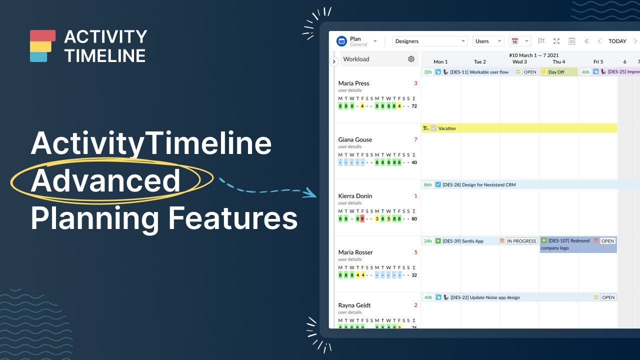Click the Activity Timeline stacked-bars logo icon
(x=42, y=46)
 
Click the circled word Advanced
(x=106, y=181)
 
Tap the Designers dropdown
(x=429, y=41)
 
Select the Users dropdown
(x=488, y=41)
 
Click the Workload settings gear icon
(x=411, y=59)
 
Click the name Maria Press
(x=353, y=83)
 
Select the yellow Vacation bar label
(x=447, y=128)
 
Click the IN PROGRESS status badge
(x=521, y=241)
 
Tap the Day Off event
(x=556, y=72)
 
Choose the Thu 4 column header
(x=558, y=62)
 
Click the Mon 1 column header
(x=440, y=62)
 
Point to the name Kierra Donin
(x=355, y=196)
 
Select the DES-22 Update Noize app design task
(x=484, y=297)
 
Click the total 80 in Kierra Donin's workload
(x=414, y=219)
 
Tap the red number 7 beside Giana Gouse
(x=415, y=139)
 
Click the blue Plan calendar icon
(x=341, y=41)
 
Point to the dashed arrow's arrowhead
(x=312, y=193)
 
